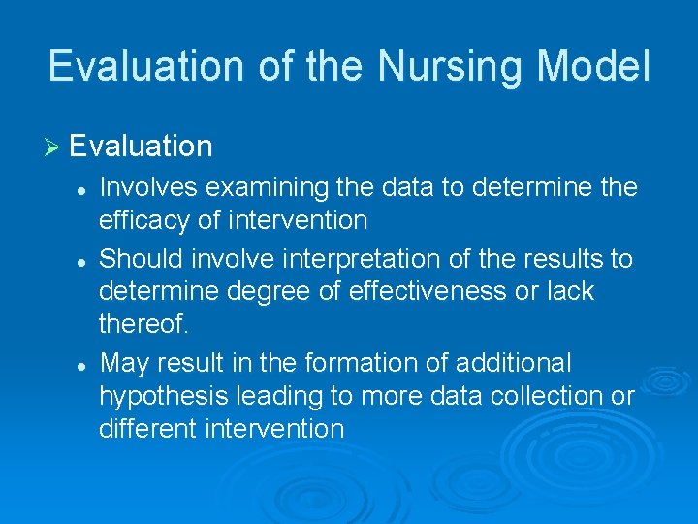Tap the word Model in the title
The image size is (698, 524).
coord(595,67)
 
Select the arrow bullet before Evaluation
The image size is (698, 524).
coord(54,147)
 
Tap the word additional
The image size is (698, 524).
coord(513,364)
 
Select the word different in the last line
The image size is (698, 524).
coord(149,428)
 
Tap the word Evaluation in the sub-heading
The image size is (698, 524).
coord(142,147)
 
